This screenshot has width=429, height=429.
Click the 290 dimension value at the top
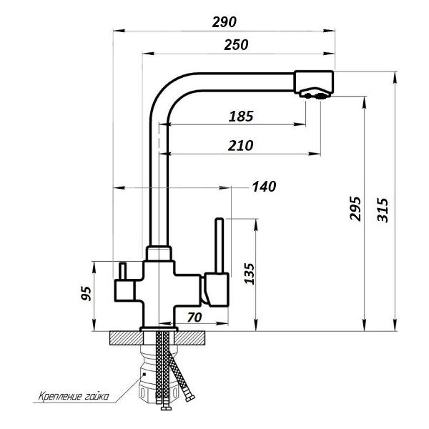[225, 21]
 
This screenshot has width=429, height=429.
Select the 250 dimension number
[236, 45]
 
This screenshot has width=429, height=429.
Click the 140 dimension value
[264, 187]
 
